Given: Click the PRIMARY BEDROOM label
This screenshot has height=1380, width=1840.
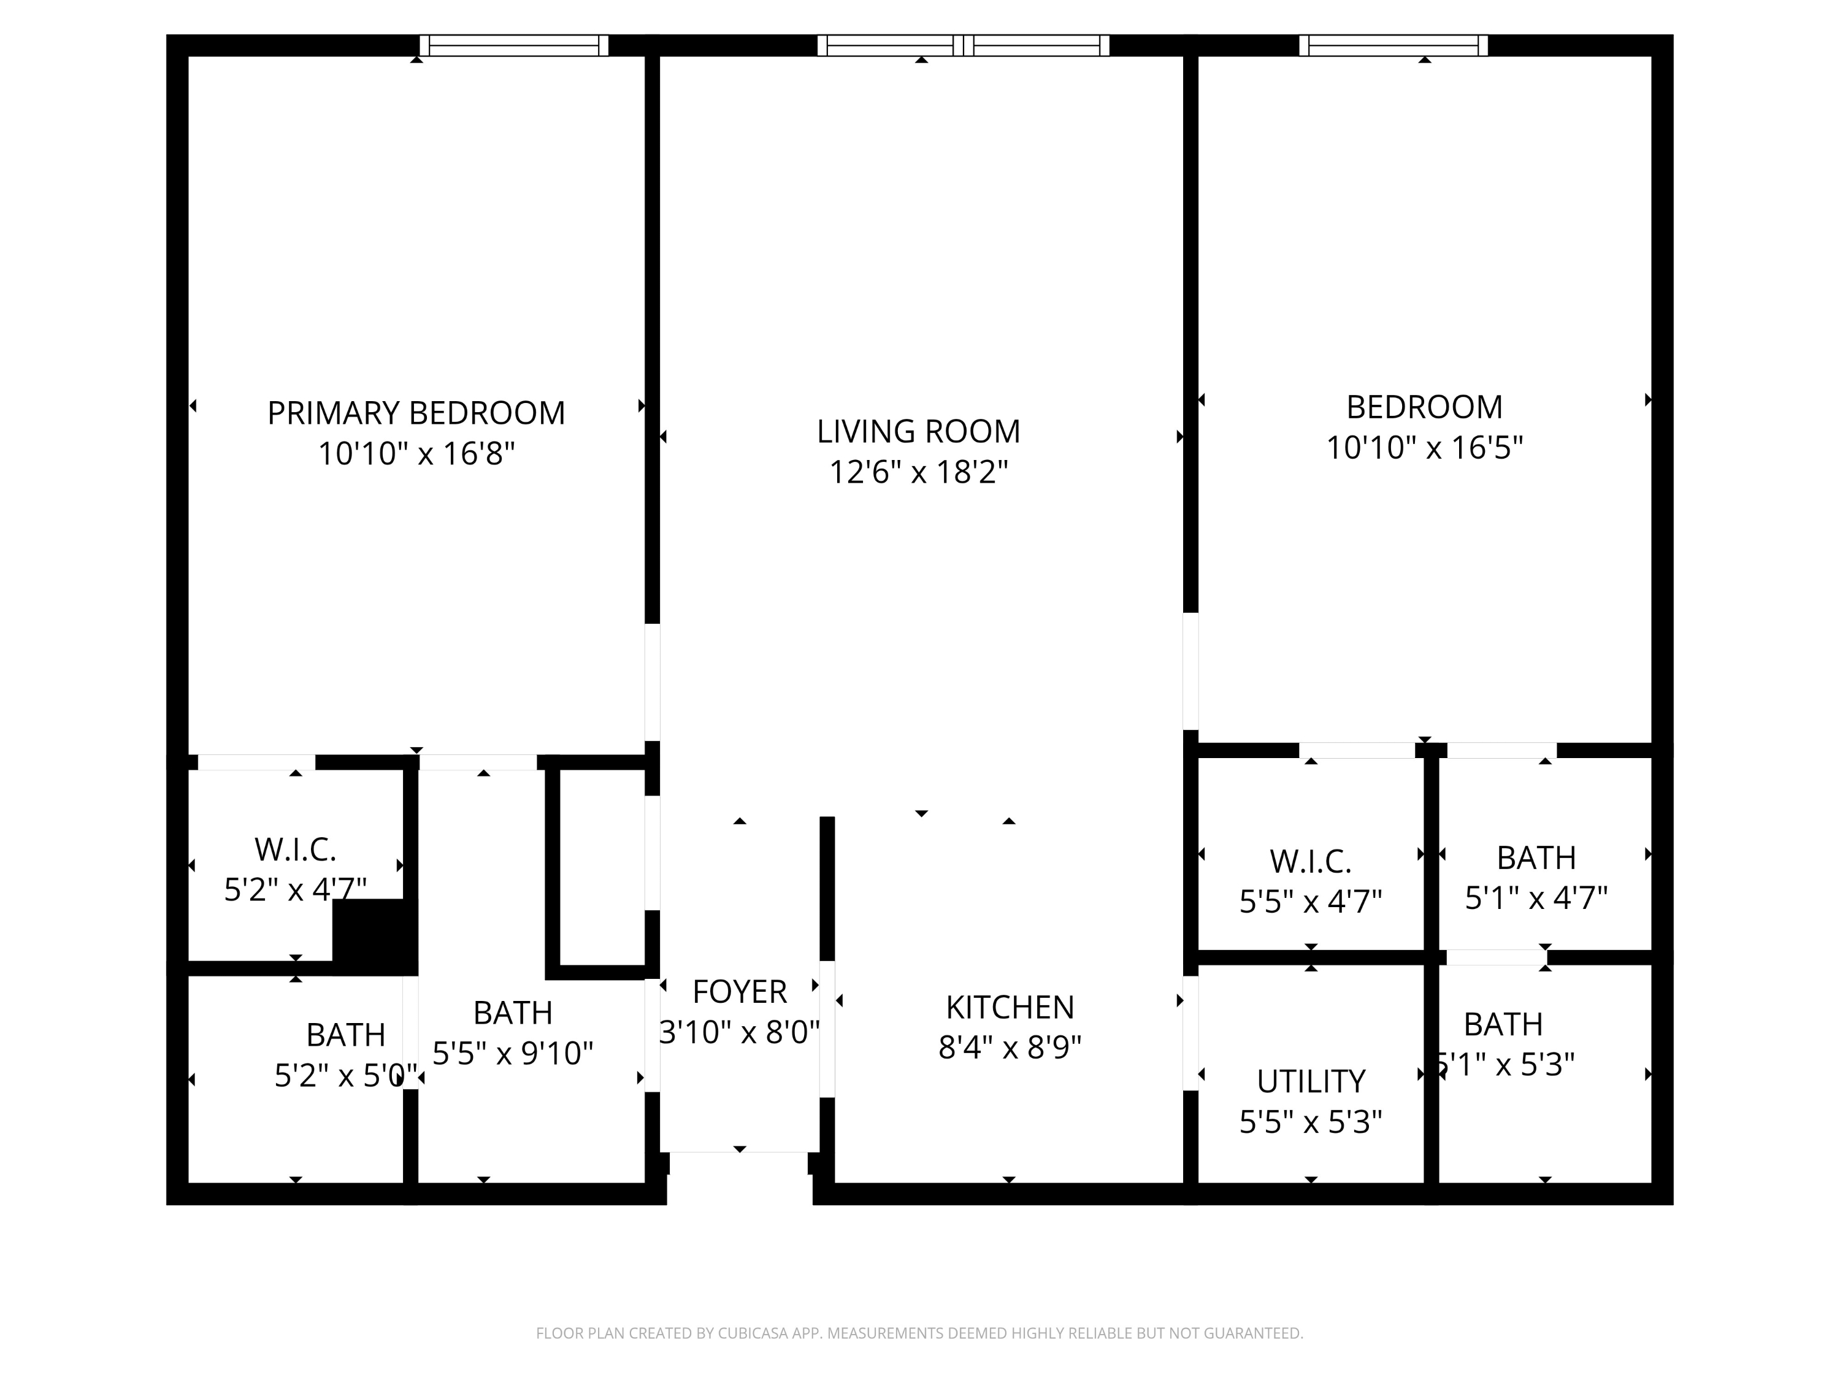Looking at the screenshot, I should (416, 413).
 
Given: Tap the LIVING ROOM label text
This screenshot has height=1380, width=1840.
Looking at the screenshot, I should (918, 432).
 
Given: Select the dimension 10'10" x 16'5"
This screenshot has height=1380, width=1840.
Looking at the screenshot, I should (1424, 448).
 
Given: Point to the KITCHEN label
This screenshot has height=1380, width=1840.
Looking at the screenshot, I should (1010, 1007).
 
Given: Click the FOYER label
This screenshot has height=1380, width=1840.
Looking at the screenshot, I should (740, 992).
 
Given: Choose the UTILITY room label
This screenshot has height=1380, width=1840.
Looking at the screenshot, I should (1311, 1081).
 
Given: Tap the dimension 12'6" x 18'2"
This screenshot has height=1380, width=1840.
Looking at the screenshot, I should (918, 472).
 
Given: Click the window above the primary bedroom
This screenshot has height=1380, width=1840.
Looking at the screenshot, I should (513, 46).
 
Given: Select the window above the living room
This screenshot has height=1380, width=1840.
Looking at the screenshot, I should (964, 46).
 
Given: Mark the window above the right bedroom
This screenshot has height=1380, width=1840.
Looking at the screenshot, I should (1393, 46).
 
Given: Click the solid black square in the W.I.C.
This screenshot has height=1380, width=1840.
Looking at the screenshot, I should (374, 936).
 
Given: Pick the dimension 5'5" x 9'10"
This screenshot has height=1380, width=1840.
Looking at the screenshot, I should (512, 1054).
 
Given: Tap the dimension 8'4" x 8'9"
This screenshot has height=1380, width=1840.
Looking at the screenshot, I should (1010, 1048).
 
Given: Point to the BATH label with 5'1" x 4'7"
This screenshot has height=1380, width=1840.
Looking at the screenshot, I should (1536, 857).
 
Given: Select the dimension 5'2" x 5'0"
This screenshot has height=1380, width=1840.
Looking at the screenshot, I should (344, 1076).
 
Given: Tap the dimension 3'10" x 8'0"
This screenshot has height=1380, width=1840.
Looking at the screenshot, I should (740, 1032).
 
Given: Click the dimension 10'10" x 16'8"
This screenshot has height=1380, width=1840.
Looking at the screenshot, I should (416, 454).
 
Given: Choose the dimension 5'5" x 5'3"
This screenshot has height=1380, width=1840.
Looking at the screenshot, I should (1311, 1122).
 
